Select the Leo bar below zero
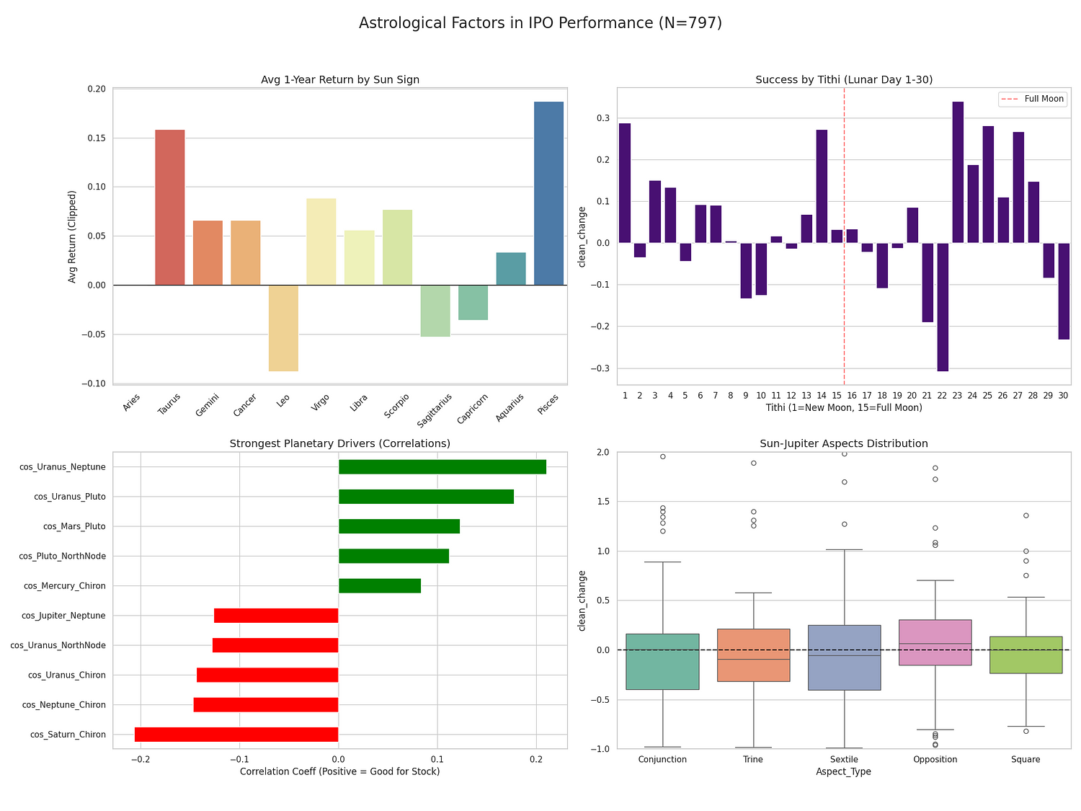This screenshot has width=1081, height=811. coord(283,328)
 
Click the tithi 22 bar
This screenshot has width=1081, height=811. coord(943,306)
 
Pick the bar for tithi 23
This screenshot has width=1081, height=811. coord(958,172)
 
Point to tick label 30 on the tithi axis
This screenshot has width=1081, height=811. coord(1064,396)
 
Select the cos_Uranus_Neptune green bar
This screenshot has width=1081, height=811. coord(442,467)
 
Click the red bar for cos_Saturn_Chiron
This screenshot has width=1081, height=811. coord(236,735)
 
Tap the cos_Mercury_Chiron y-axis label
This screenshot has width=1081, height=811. coord(65,586)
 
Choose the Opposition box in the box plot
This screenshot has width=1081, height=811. coord(935,642)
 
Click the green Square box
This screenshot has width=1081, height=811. coord(1026,655)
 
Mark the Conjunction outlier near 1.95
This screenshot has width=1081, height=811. coord(662,456)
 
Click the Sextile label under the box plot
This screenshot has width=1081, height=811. coord(844,759)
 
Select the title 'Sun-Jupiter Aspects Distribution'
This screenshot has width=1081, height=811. coord(844,443)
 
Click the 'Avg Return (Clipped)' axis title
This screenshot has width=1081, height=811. coord(72,236)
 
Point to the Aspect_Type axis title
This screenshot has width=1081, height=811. coord(844,771)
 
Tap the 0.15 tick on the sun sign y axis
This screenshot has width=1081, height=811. coord(97,138)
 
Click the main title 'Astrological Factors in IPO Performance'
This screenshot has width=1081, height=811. coord(540,23)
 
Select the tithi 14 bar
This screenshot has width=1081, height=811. coord(822,186)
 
